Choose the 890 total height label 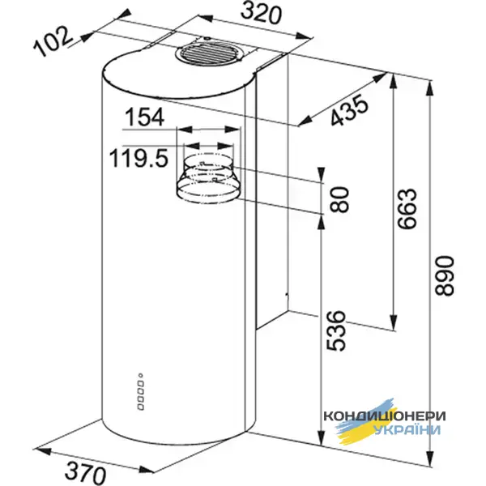point(441,277)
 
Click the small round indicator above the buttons point(141,375)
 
